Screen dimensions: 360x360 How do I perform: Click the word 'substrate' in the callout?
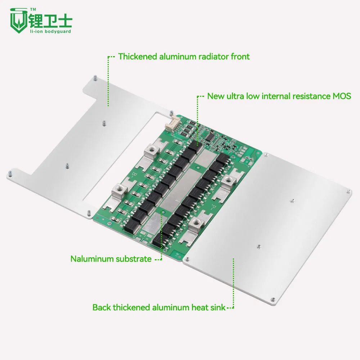pos(133,259)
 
